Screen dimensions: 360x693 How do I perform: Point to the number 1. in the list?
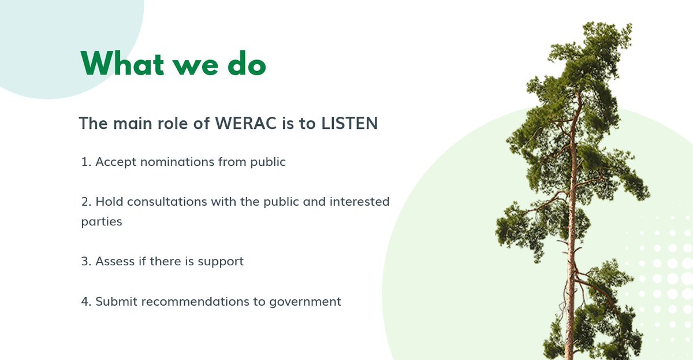click(87, 162)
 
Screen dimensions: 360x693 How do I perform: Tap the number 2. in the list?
click(87, 202)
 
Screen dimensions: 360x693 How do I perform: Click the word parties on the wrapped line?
click(102, 222)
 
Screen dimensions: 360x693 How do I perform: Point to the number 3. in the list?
click(87, 261)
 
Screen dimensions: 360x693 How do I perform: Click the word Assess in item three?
click(113, 261)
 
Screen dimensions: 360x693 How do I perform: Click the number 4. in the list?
click(87, 301)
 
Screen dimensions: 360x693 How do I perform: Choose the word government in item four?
click(305, 302)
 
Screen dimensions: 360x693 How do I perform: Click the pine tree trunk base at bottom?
click(569, 352)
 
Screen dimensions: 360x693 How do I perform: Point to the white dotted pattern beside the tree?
click(664, 266)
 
